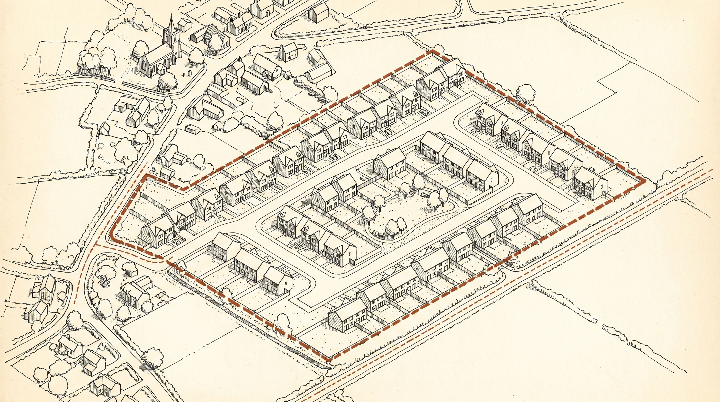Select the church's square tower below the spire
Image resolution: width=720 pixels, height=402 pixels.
(171, 42)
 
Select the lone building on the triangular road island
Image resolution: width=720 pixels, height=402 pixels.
(318, 13)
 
